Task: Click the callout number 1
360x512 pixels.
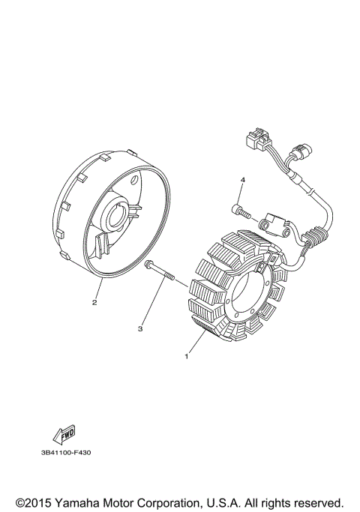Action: click(185, 358)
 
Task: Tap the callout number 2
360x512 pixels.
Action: click(94, 303)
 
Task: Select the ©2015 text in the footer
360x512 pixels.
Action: click(31, 502)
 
